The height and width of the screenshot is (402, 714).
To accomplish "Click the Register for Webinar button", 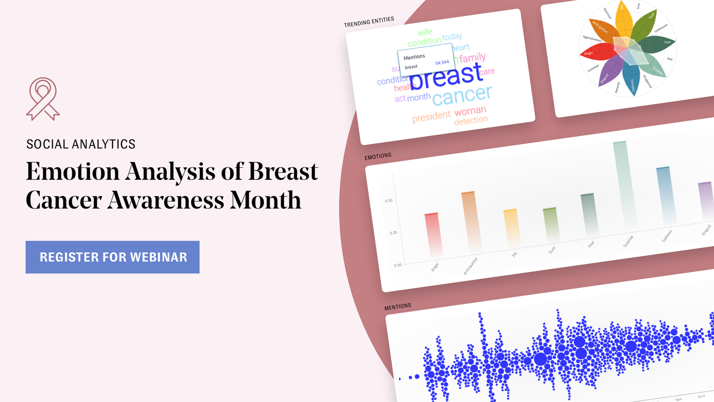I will pos(112,257).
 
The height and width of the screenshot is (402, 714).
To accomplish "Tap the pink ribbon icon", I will pos(43,99).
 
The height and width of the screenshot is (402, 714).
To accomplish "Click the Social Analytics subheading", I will pos(81,144).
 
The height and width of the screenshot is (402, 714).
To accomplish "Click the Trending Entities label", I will pos(369,22).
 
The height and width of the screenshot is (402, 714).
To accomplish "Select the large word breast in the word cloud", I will pos(446,77).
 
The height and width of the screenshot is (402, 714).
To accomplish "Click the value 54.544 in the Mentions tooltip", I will pos(442,63).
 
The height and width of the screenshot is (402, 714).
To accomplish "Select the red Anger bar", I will pos(433,234).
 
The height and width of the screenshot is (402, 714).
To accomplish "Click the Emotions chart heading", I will pos(378,156).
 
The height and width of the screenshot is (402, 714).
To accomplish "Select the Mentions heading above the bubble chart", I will pos(398,306).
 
